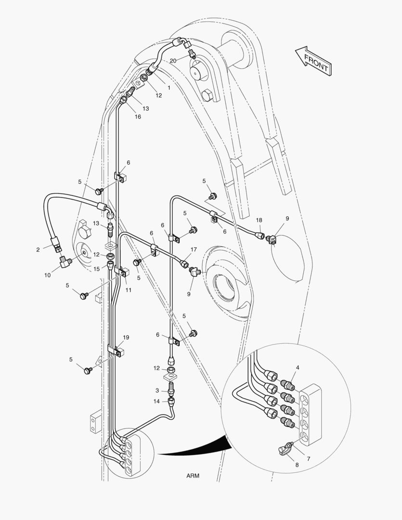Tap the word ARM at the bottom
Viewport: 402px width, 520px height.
click(193, 476)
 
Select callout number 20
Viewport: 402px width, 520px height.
click(173, 61)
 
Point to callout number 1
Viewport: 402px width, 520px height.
click(169, 88)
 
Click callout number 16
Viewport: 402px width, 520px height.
click(138, 117)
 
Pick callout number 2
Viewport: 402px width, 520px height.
click(38, 249)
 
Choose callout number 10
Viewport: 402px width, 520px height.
click(47, 275)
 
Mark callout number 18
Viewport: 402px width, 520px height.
click(259, 220)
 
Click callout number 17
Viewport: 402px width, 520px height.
click(194, 249)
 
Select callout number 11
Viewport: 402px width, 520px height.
click(129, 290)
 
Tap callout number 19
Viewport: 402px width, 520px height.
click(126, 337)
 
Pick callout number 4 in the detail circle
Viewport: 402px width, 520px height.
click(298, 367)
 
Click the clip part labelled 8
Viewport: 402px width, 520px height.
click(284, 450)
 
